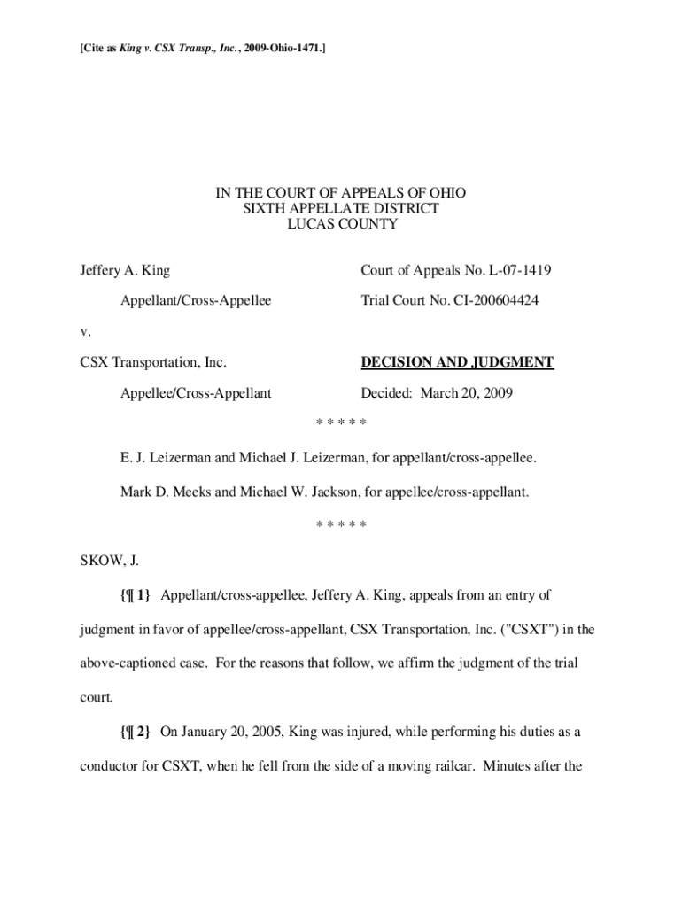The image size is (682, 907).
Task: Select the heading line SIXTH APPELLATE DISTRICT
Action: coord(341,208)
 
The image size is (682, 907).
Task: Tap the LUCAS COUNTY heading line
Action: coord(341,224)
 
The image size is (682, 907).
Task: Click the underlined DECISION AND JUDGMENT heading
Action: coord(456,362)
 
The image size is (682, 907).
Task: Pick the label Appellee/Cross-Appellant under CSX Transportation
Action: coord(195,393)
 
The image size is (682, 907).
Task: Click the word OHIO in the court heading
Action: coord(448,192)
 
